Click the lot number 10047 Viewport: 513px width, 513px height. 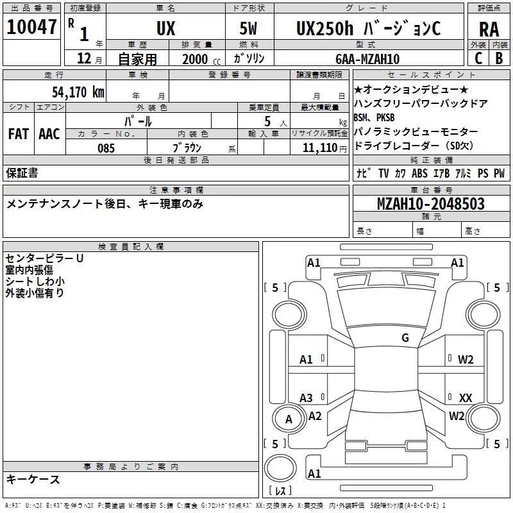coord(31,27)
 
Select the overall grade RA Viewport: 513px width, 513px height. coord(489,29)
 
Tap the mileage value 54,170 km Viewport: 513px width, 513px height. coord(78,92)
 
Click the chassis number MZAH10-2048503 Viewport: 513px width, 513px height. coord(430,203)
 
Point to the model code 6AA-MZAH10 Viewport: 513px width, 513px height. coord(367,59)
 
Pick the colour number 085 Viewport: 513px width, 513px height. coord(106,148)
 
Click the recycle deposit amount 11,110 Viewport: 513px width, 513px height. coord(319,147)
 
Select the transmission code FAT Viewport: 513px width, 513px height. coord(19,134)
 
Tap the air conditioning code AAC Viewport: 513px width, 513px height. coord(49,134)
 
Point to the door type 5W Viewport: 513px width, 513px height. coord(248,28)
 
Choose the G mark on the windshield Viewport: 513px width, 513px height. coord(405,338)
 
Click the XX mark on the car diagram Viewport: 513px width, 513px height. coord(466,398)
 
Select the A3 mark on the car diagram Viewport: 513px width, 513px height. coord(306,398)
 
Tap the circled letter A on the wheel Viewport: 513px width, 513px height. coord(289,419)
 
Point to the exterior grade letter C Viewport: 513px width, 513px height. coord(478,58)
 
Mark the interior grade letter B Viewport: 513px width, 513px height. coord(499,58)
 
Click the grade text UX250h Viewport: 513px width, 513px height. coord(324,28)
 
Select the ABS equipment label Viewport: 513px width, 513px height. coord(419,173)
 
